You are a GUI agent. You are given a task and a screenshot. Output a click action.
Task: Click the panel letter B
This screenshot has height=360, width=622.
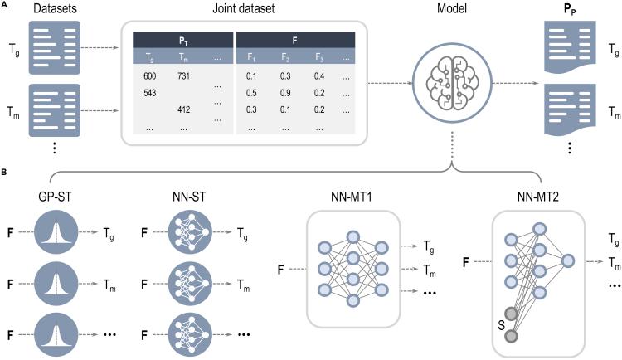tap(5, 172)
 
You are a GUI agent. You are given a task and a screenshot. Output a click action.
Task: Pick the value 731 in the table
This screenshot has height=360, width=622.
tap(184, 76)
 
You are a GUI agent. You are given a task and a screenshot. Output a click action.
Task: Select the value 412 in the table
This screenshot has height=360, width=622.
tap(184, 109)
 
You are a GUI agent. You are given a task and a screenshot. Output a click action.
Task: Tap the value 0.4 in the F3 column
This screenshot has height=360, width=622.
tap(318, 76)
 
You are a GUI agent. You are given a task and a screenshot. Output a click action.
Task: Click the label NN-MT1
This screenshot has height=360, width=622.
tap(354, 198)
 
